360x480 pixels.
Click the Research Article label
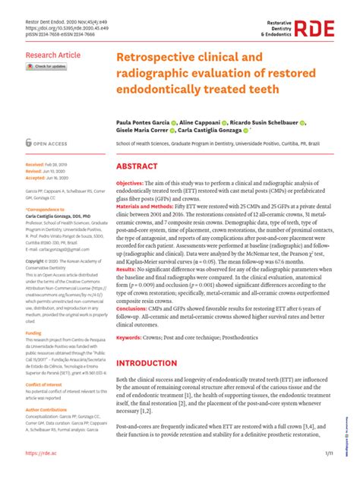click(x=52, y=55)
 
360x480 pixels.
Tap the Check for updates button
click(x=46, y=67)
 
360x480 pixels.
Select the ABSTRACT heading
click(x=137, y=166)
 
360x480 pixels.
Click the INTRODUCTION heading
click(x=146, y=363)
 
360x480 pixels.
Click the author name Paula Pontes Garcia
click(x=142, y=122)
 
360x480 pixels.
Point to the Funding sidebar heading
click(x=34, y=333)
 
